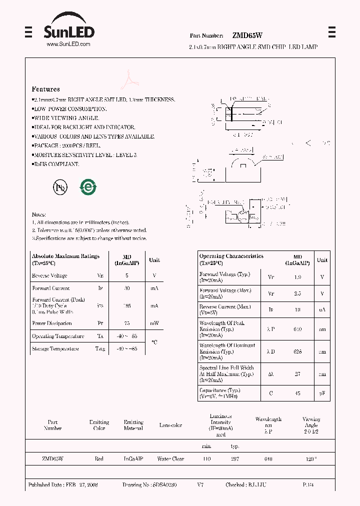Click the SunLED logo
(68, 30)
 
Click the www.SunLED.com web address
(68, 44)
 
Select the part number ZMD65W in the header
(247, 35)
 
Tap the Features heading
(45, 89)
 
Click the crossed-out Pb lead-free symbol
(59, 187)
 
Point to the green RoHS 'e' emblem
(88, 187)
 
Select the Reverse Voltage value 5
(126, 275)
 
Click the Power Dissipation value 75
(126, 323)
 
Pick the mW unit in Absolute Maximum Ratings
(154, 323)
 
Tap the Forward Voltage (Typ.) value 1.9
(297, 276)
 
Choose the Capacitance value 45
(297, 393)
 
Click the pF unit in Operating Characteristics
(322, 393)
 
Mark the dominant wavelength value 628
(297, 351)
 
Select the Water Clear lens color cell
(170, 458)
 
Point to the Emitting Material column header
(133, 425)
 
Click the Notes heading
(39, 214)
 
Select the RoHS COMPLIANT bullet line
(55, 164)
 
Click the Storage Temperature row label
(55, 349)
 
